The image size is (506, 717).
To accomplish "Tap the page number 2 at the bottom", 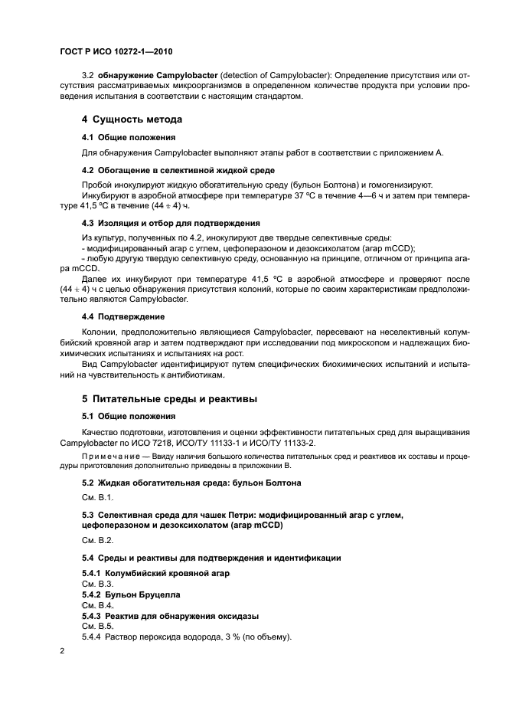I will tap(63, 650).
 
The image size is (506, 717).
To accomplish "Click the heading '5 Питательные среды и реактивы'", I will tap(169, 399).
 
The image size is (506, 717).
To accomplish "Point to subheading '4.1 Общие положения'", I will tap(129, 137).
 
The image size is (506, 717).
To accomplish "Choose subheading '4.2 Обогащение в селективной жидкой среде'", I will tap(178, 169).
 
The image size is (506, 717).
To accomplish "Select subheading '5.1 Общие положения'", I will tap(129, 416).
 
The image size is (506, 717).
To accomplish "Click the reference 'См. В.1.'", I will tap(97, 498).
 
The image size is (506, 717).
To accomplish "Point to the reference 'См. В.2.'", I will tap(97, 540).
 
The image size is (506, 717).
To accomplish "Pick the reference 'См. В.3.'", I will tap(97, 583).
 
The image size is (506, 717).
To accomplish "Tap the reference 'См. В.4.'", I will tap(97, 604).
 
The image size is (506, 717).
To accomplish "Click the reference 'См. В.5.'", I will tap(97, 626).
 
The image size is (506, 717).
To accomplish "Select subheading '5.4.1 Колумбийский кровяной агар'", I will tap(156, 573).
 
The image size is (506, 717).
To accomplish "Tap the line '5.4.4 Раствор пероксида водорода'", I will tap(188, 637).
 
